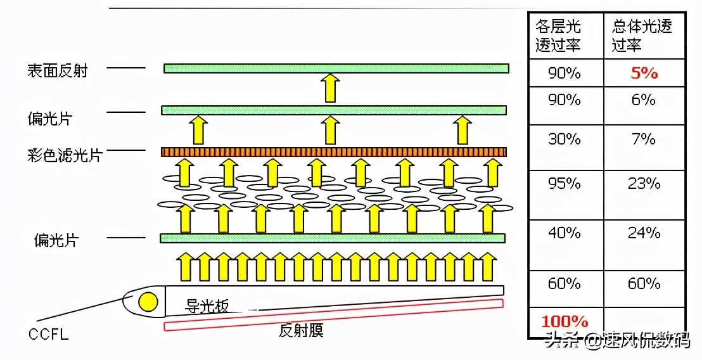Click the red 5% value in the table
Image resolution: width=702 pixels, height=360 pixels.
click(644, 73)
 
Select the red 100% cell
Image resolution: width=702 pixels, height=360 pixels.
click(565, 321)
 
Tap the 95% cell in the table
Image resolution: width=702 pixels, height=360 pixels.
click(565, 183)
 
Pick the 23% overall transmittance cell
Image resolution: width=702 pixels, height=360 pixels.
click(644, 183)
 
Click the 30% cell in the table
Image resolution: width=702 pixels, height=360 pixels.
click(565, 139)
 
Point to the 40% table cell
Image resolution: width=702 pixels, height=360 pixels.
click(565, 233)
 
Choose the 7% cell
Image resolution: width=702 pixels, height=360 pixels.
click(644, 139)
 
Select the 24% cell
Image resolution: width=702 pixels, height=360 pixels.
click(644, 233)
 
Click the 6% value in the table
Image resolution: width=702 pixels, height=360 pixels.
click(644, 100)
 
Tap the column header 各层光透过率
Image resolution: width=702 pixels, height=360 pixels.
click(558, 35)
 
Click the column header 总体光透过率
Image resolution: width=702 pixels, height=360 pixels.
click(642, 35)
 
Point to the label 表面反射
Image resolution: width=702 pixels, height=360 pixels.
click(57, 71)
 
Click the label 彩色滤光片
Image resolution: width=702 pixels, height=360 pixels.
click(65, 155)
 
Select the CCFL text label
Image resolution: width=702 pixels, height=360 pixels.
click(49, 335)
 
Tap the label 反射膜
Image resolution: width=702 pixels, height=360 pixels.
click(301, 331)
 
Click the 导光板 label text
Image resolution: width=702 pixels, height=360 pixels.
click(207, 307)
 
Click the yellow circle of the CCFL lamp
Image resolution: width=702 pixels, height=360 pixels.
click(148, 302)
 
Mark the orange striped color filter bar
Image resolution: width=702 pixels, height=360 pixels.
click(333, 152)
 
